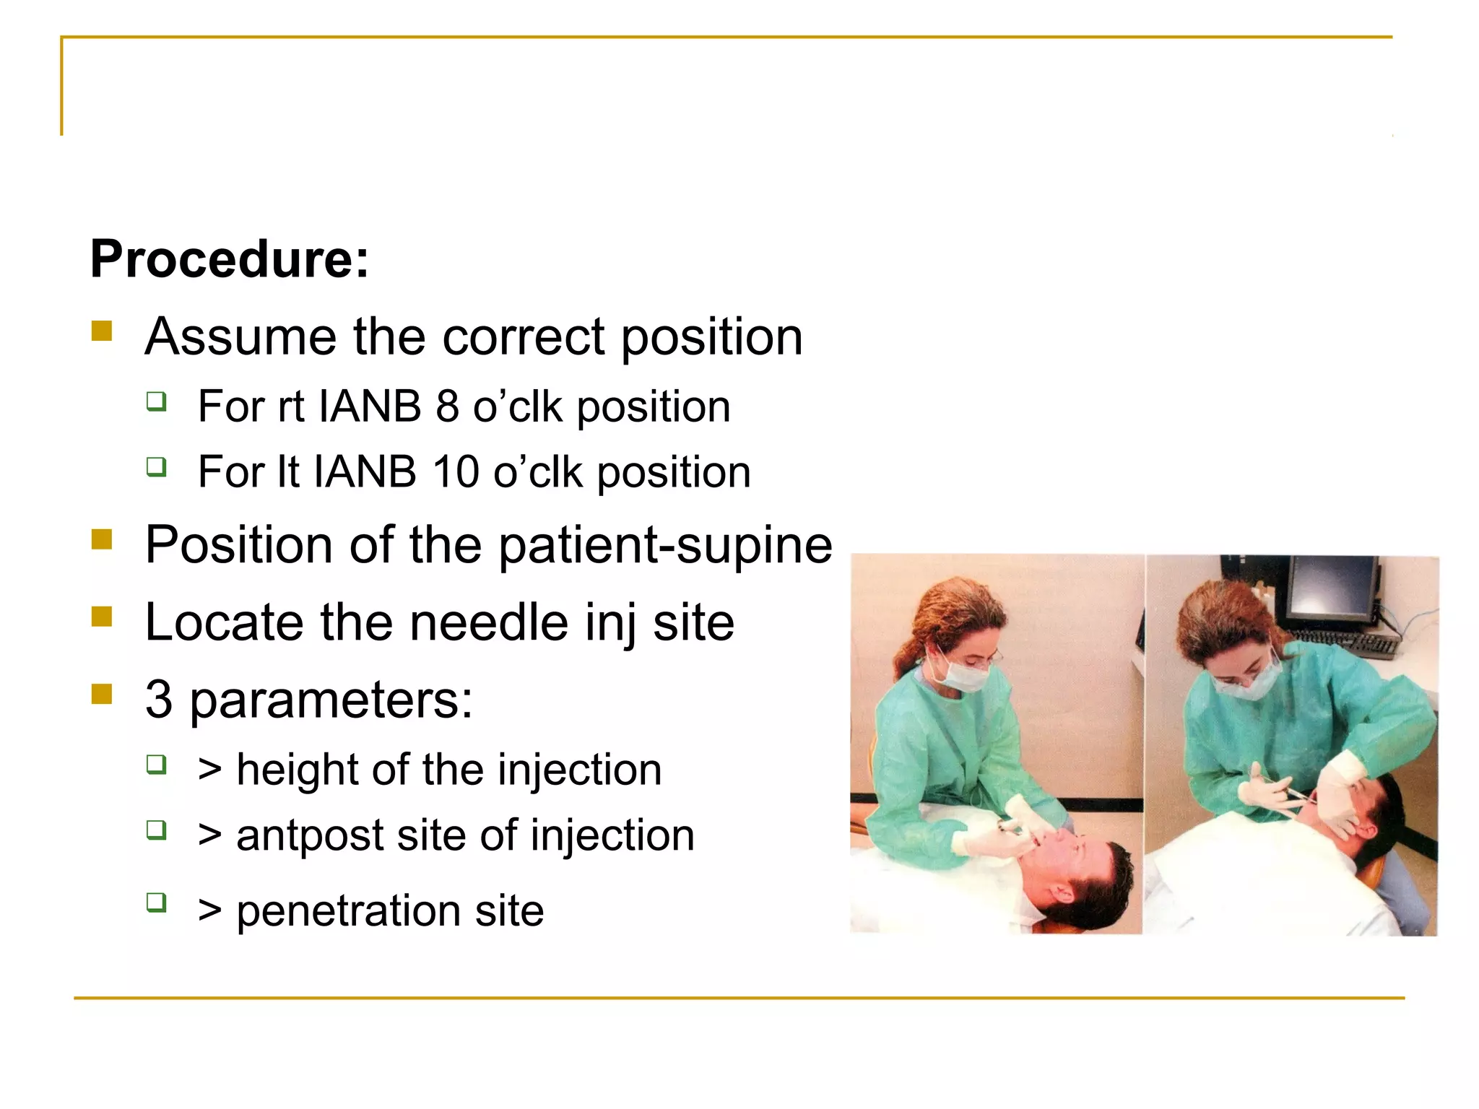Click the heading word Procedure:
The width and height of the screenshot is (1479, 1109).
(x=229, y=259)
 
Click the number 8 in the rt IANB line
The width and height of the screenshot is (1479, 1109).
(x=447, y=406)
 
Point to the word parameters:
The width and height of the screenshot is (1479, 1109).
(x=331, y=700)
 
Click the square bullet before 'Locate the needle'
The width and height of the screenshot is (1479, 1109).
(x=102, y=617)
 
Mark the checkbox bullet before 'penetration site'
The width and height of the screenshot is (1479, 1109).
(x=156, y=902)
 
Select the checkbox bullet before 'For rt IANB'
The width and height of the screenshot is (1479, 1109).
(x=156, y=401)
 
